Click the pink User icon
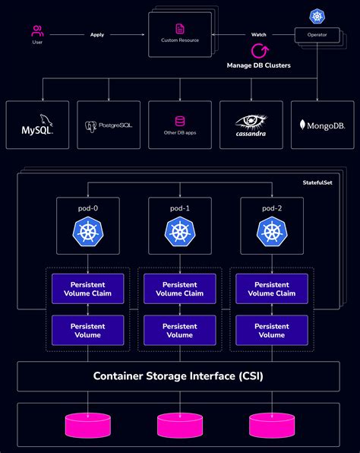coord(37,31)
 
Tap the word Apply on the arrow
coord(97,34)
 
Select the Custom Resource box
coord(180,35)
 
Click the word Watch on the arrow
coord(259,34)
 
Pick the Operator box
coord(316,34)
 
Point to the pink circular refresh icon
coord(260,52)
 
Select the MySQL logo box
coord(37,124)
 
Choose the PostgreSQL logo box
coord(109,124)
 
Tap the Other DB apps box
coord(180,124)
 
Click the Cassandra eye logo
coord(251,122)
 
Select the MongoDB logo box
coord(323,124)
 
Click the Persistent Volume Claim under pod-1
coord(179,289)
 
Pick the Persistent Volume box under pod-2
coord(272,331)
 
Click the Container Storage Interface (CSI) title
coord(179,375)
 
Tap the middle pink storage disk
coord(179,423)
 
